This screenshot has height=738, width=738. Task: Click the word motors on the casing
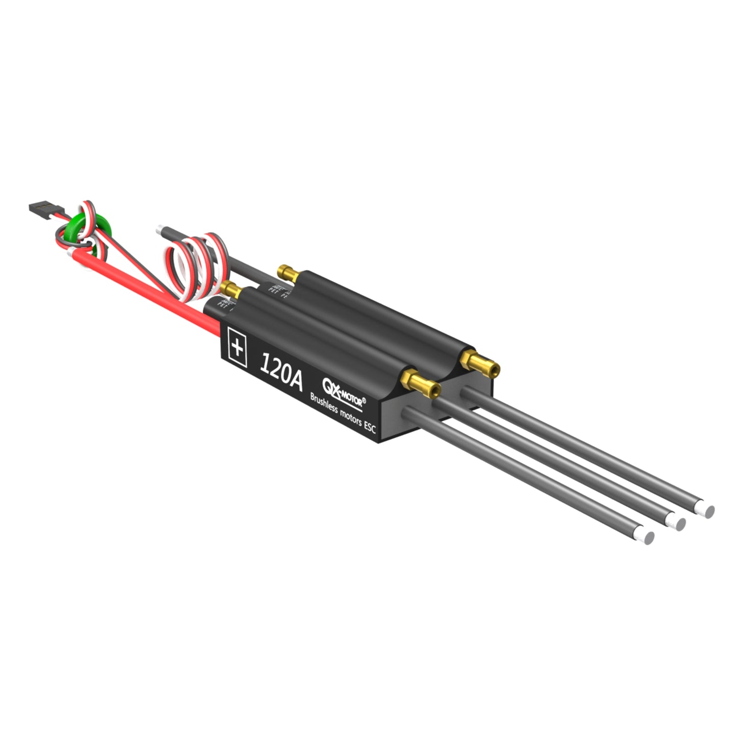pos(350,417)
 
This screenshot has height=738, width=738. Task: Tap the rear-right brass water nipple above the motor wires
pos(481,363)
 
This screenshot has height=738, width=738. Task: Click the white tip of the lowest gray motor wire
pos(648,537)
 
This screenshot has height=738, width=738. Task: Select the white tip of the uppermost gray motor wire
pos(708,510)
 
